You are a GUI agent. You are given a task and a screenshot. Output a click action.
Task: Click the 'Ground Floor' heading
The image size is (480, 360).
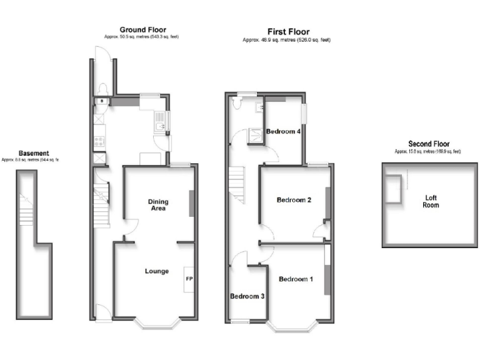tap(142, 29)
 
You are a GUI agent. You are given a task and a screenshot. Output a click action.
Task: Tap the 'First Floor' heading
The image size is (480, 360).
tap(288, 32)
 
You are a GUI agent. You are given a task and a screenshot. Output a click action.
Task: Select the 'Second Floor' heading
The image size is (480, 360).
tap(428, 144)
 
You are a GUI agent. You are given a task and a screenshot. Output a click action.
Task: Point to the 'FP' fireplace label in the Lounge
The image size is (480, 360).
tap(189, 279)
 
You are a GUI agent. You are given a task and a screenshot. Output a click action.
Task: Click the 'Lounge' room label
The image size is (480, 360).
tap(157, 271)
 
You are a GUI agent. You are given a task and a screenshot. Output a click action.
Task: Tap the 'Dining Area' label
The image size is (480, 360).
tap(157, 205)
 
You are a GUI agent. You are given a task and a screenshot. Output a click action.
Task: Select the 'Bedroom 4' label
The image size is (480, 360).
tap(284, 132)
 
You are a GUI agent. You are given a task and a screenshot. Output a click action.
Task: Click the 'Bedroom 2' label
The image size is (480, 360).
tap(294, 200)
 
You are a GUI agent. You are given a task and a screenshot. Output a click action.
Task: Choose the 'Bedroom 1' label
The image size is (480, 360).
tap(296, 279)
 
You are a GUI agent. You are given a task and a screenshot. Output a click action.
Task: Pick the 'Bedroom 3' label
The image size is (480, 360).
tap(246, 296)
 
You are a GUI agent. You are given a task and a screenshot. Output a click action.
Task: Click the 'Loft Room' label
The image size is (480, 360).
tap(431, 201)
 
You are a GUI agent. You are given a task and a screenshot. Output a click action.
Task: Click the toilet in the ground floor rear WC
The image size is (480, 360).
tap(102, 87)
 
